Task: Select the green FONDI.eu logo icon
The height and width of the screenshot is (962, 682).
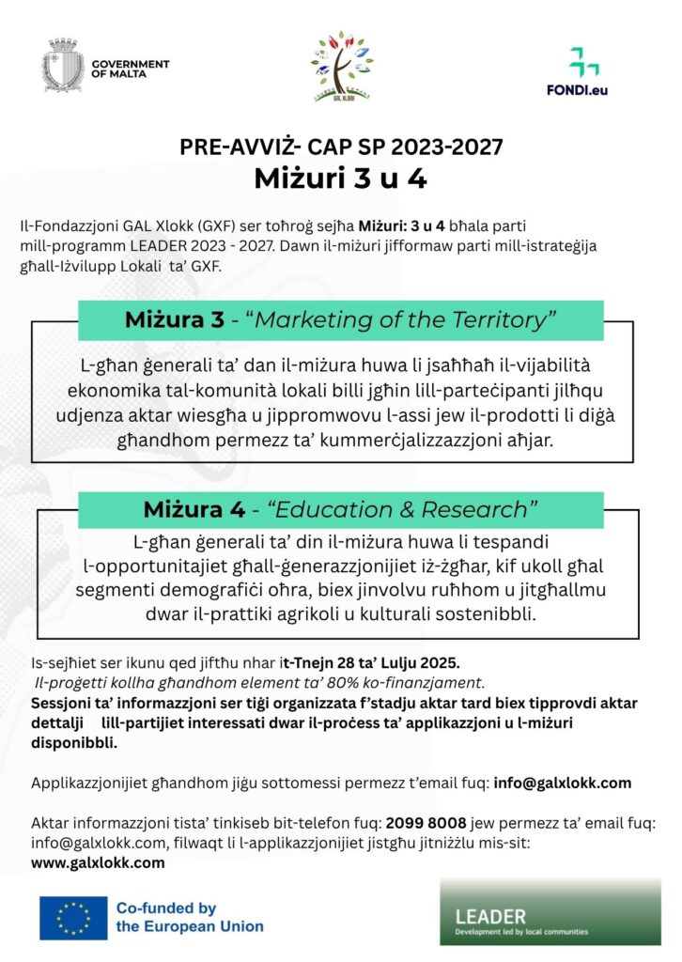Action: pos(583,62)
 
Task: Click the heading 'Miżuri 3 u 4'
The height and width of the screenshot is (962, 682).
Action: pos(340,178)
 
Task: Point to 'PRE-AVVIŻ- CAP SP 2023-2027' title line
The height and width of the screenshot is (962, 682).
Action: pos(340,147)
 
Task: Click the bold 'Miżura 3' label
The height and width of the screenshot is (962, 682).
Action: pos(175,319)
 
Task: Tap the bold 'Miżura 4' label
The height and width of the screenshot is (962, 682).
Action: pos(194,509)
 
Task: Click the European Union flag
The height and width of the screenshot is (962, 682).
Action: pos(73,918)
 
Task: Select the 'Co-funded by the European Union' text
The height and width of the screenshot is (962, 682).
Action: pos(189,917)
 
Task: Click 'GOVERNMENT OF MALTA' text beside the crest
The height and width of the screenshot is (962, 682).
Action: pos(131,69)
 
